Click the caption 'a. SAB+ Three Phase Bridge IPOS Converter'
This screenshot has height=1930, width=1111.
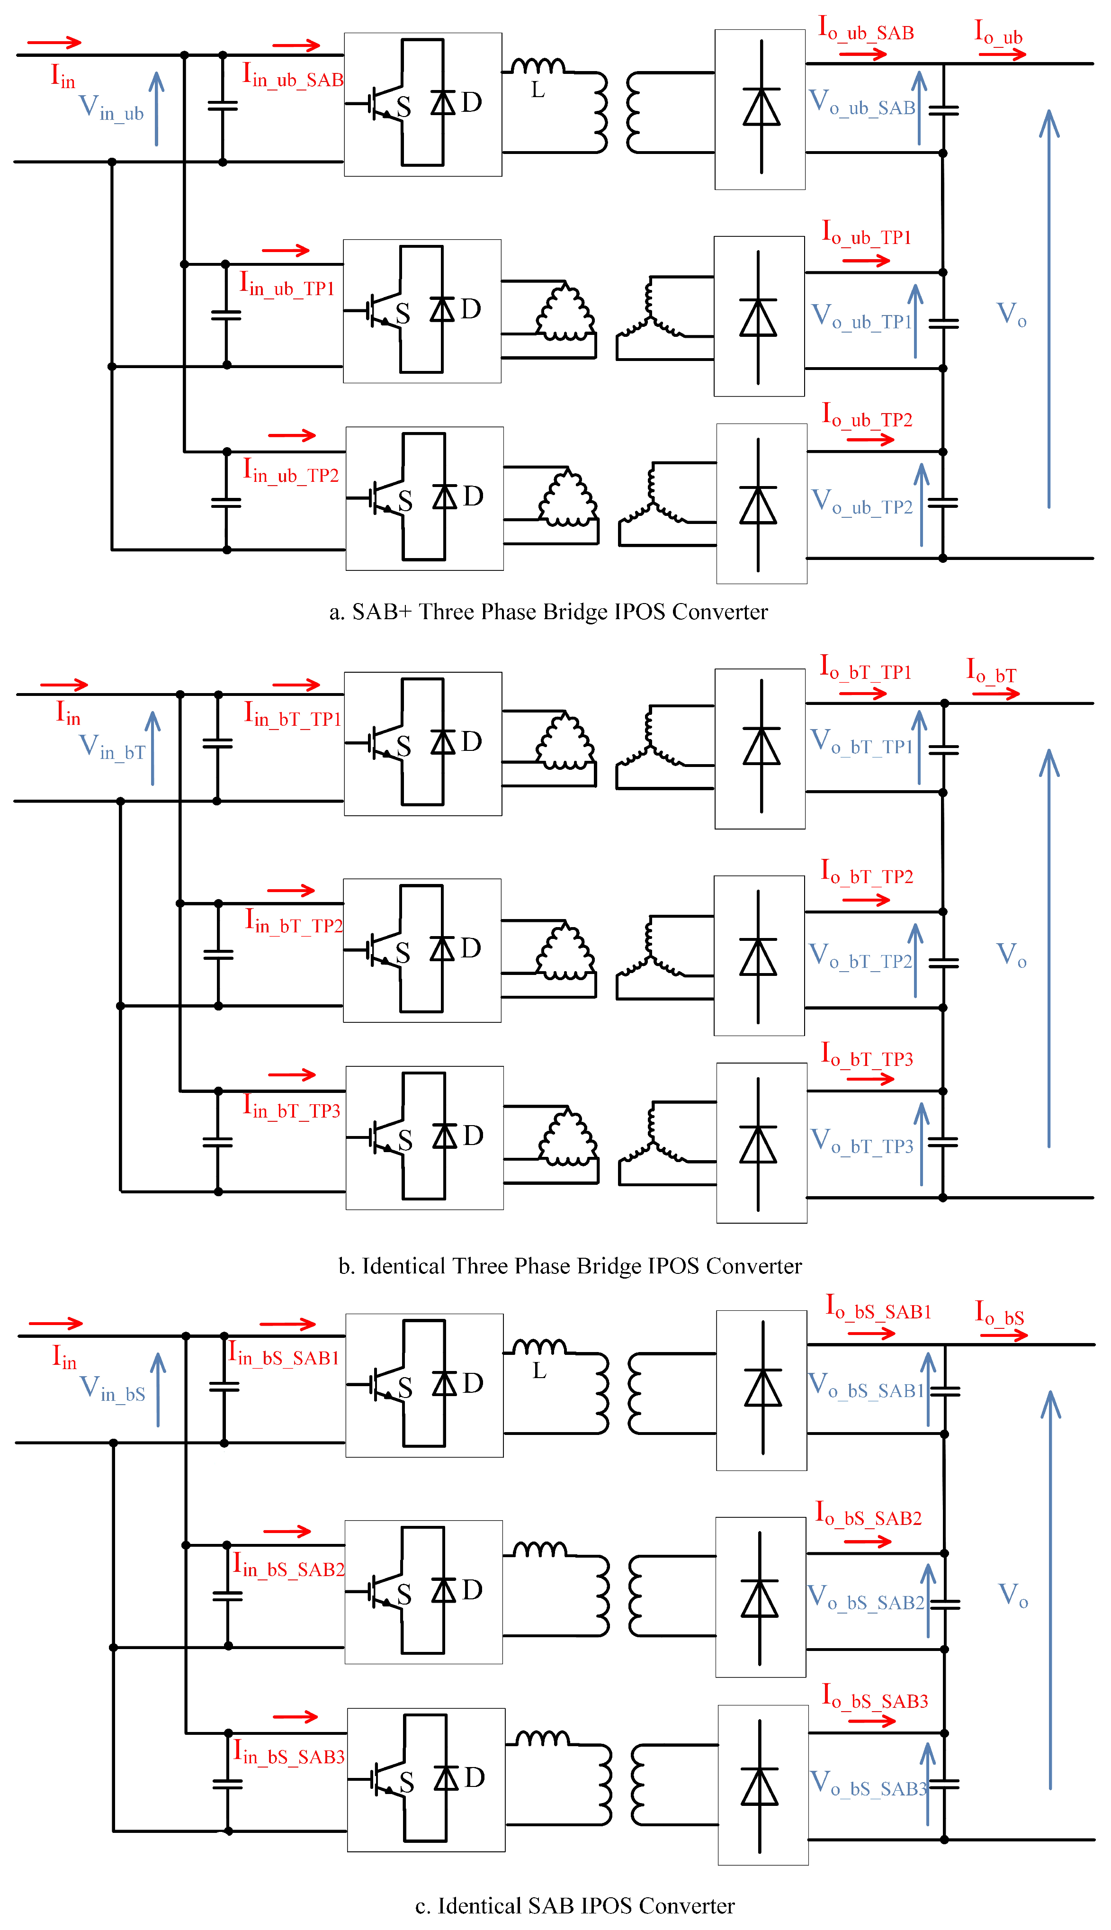point(548,612)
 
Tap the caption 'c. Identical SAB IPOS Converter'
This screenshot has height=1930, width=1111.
point(574,1905)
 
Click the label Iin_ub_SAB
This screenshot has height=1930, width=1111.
point(292,76)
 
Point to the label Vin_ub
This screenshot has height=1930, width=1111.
point(111,108)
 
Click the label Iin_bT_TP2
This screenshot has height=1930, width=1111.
point(293,922)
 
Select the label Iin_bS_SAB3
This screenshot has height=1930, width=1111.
point(288,1753)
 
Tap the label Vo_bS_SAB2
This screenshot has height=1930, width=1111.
point(865,1598)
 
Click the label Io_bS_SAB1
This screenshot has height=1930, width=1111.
point(878,1308)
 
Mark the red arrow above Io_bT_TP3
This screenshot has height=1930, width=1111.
point(870,1078)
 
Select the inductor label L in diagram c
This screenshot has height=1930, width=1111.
point(539,1371)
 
